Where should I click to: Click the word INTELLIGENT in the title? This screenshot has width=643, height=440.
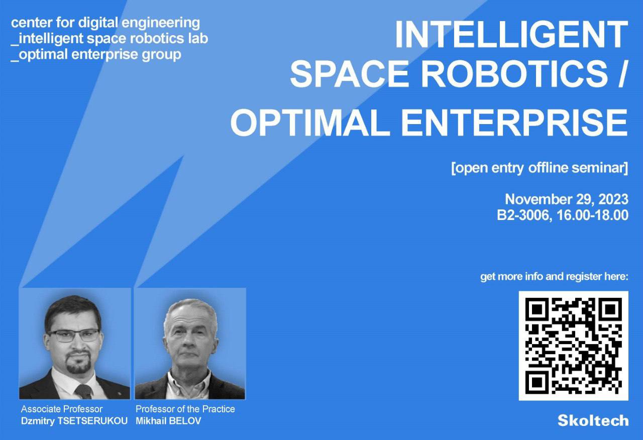tap(511, 35)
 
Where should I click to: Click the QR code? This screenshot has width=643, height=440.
tap(573, 346)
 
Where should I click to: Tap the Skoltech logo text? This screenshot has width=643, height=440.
tap(593, 421)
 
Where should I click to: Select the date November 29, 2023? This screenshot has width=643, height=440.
tap(566, 199)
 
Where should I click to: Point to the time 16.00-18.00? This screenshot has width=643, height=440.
tap(592, 215)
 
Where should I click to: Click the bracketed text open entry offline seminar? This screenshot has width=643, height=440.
tap(540, 168)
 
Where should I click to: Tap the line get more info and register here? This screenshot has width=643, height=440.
tap(554, 276)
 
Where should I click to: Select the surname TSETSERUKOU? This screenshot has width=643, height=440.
tap(92, 421)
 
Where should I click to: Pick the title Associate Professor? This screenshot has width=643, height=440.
tap(62, 409)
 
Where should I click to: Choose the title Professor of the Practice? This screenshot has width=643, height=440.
tap(185, 409)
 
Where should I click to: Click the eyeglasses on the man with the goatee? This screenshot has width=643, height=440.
tap(73, 335)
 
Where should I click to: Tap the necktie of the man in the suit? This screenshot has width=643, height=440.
tap(83, 391)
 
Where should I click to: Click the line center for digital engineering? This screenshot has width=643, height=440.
tap(105, 23)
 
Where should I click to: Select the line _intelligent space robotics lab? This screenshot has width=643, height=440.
tap(110, 39)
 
